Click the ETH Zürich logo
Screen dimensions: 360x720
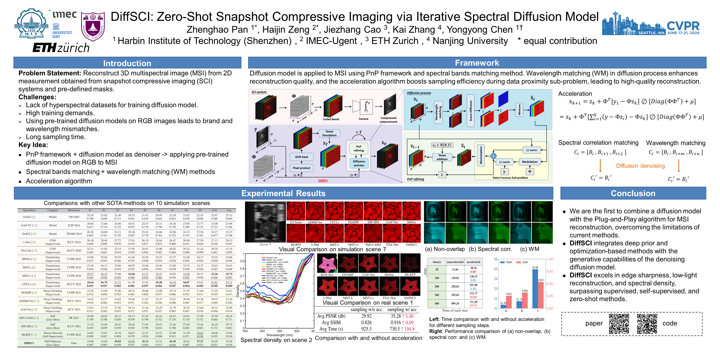(x=61, y=47)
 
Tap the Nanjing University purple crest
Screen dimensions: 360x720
(x=93, y=27)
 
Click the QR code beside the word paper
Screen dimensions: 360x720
(x=619, y=324)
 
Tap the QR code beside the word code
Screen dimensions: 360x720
(x=647, y=324)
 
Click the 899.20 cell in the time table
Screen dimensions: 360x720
(x=455, y=303)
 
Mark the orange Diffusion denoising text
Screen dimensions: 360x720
(x=640, y=166)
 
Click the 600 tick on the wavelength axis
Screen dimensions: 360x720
(x=297, y=331)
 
